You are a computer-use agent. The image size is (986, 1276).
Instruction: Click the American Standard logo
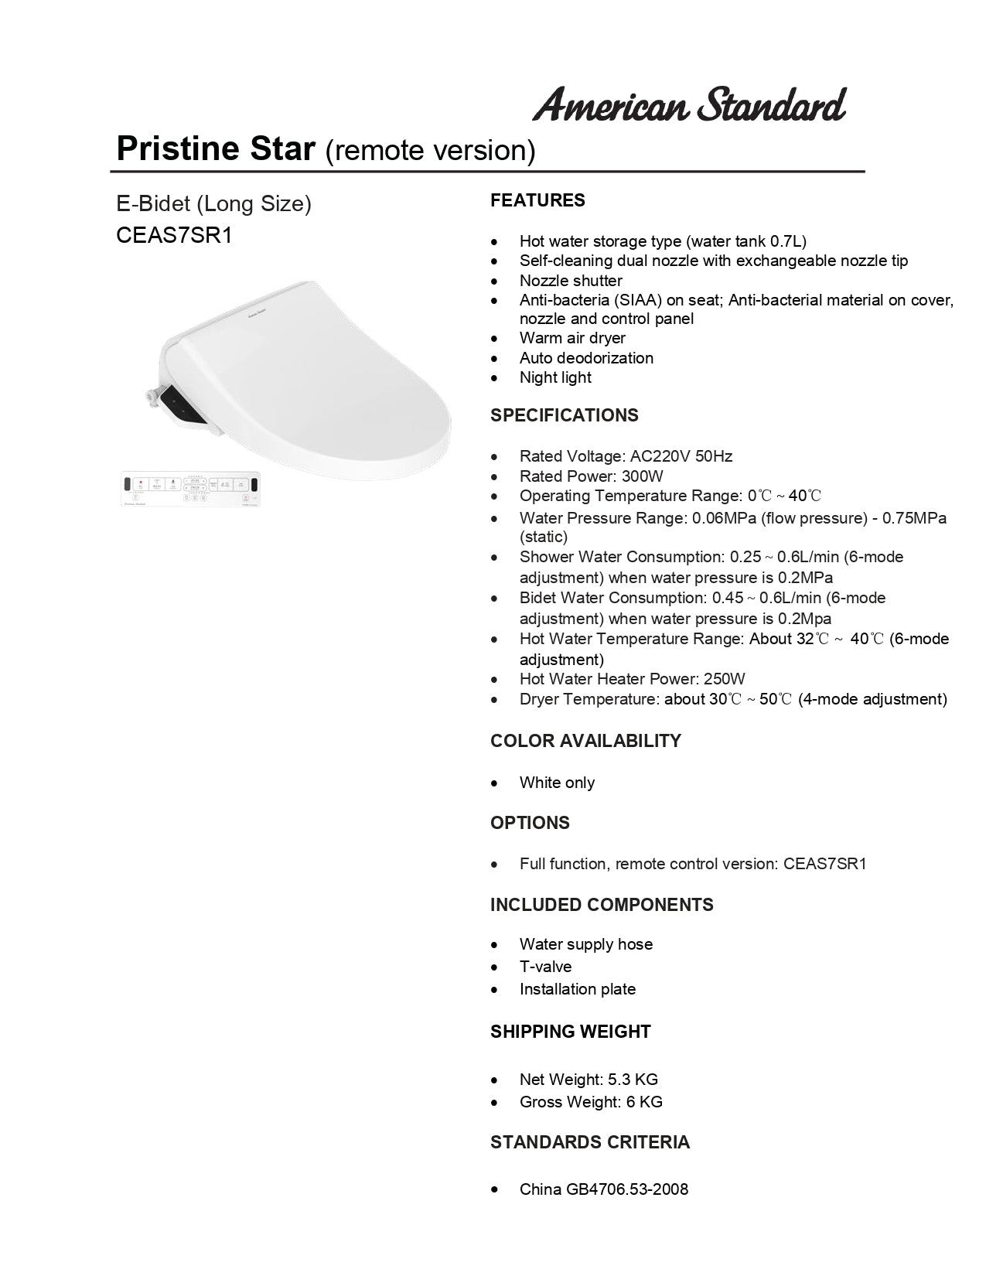click(689, 105)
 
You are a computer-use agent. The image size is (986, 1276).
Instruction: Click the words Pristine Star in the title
click(216, 148)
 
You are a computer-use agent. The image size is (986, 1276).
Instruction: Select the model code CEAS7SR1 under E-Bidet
click(174, 235)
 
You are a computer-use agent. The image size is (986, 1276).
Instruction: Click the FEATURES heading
click(537, 200)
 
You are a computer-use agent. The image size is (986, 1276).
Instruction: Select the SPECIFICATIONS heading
click(565, 415)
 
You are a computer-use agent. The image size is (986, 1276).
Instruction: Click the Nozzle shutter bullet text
click(571, 281)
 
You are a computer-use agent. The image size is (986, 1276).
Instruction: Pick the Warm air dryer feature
click(572, 338)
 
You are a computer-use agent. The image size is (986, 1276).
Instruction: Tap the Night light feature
click(555, 377)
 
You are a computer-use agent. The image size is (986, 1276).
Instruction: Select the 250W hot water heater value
click(724, 679)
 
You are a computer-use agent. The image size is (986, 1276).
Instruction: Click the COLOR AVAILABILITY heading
click(585, 741)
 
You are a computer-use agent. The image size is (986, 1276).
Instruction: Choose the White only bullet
click(557, 783)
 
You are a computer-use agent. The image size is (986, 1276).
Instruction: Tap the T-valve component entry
click(545, 967)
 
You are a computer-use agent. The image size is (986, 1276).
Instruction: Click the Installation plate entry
click(578, 989)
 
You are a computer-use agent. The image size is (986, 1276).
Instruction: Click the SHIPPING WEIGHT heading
click(570, 1032)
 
